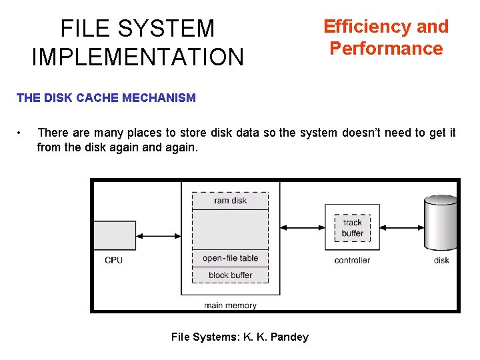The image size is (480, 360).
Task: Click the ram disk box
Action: (x=230, y=201)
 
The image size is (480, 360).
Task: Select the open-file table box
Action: (x=230, y=258)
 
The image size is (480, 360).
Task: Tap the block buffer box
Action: (x=230, y=275)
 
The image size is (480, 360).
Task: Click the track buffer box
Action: (x=352, y=228)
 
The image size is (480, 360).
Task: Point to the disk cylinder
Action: (x=441, y=223)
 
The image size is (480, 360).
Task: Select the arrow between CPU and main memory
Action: (x=158, y=235)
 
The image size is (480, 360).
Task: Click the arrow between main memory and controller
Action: (x=302, y=228)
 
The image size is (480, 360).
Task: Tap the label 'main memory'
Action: (x=230, y=305)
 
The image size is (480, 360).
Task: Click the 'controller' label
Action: (x=352, y=260)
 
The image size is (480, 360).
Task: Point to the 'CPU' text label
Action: (x=114, y=260)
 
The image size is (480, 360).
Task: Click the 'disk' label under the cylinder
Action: (x=441, y=260)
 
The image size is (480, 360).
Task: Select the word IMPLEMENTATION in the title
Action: (x=138, y=57)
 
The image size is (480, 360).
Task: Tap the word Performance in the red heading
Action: (x=386, y=49)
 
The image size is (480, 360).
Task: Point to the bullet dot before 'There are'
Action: (x=22, y=133)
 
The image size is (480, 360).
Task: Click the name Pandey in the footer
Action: (x=290, y=337)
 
